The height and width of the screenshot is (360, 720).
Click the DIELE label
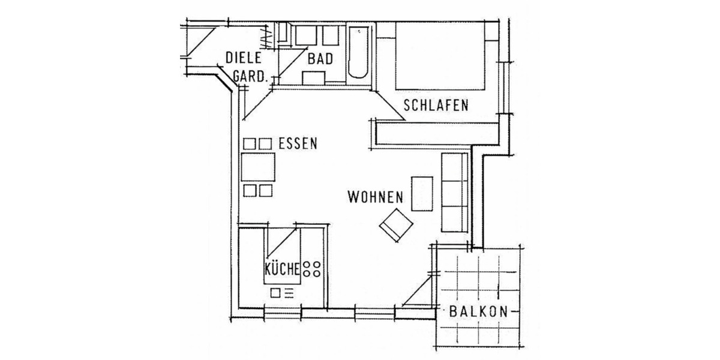tap(244, 58)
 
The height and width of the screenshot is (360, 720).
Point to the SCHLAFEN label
tap(436, 106)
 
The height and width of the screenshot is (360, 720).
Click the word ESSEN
tap(298, 143)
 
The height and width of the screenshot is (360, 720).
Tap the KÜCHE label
tap(281, 268)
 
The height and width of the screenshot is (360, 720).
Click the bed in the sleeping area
tap(439, 56)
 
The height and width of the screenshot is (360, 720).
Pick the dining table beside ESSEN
tap(258, 167)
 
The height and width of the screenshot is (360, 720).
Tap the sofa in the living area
tap(454, 192)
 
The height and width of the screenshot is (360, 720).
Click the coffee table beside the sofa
tap(422, 193)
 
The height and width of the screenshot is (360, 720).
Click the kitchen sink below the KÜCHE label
tap(282, 293)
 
